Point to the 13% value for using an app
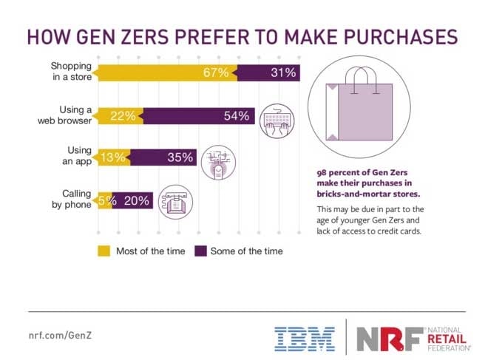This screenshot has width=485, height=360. [112, 157]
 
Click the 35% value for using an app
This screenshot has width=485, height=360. [180, 157]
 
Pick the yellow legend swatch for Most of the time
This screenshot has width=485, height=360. [104, 250]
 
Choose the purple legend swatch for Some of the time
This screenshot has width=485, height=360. [200, 250]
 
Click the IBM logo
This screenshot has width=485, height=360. [303, 338]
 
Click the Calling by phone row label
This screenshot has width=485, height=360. [69, 198]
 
